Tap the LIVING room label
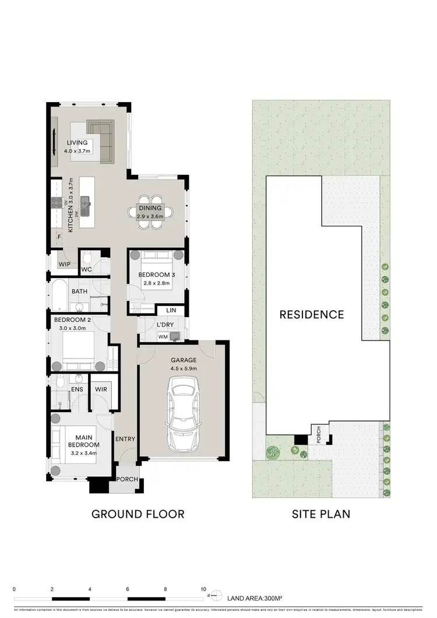click(77, 142)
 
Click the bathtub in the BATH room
click(60, 296)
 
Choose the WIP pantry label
click(64, 264)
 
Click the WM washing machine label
click(162, 338)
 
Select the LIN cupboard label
click(171, 311)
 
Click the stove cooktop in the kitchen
click(58, 203)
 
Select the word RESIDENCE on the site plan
click(312, 315)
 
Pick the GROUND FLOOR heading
click(138, 514)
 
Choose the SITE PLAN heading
click(320, 514)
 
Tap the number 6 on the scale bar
click(128, 589)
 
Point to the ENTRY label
click(125, 439)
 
